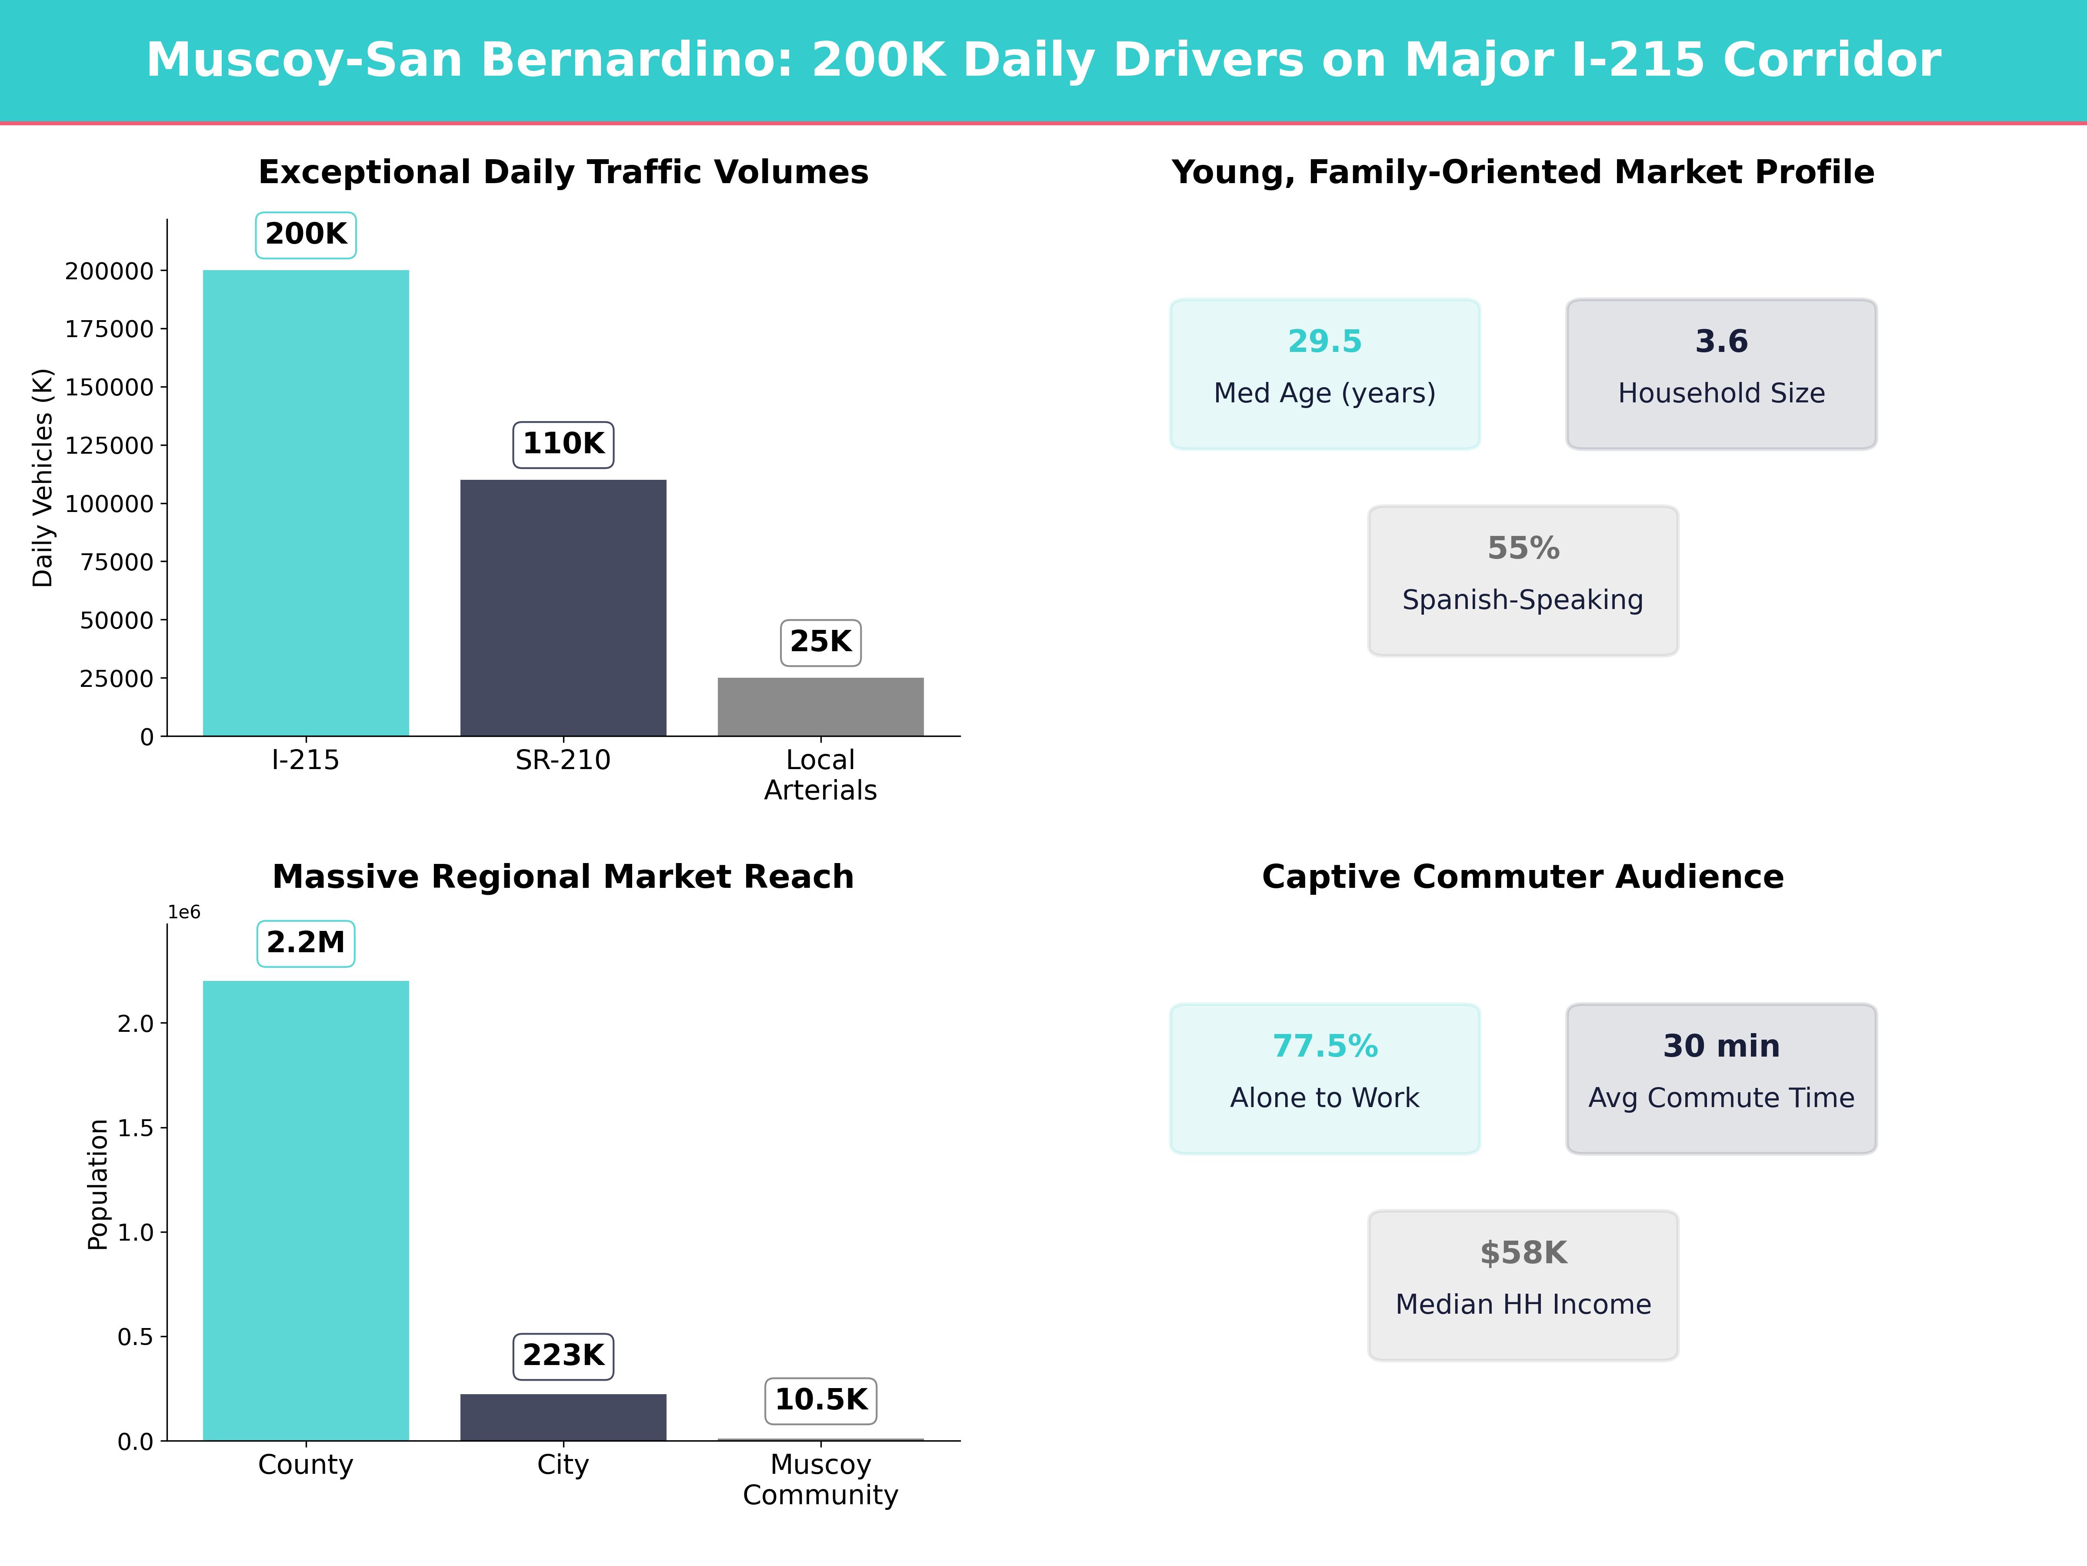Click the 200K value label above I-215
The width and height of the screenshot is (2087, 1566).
[306, 234]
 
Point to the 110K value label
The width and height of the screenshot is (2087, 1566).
[563, 444]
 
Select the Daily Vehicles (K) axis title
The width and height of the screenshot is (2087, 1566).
[43, 478]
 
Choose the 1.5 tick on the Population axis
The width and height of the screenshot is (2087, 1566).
[135, 1128]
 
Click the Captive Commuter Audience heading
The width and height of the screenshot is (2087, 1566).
[1523, 877]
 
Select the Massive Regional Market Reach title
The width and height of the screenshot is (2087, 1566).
[563, 877]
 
